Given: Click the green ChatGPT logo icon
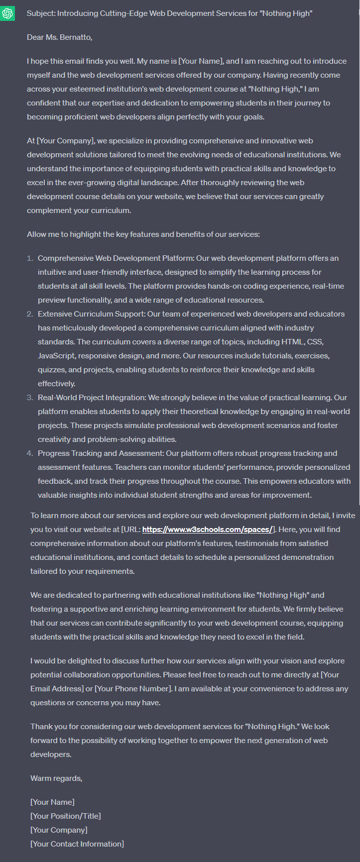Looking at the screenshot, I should click(8, 13).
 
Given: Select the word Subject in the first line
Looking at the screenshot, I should click(41, 13).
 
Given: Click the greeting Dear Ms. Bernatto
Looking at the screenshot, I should click(59, 37).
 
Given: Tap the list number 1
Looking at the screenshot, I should click(30, 258).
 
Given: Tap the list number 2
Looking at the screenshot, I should click(30, 314).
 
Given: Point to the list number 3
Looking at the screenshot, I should click(30, 398).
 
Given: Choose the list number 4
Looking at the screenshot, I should click(30, 453).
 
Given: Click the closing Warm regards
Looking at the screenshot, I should click(56, 778).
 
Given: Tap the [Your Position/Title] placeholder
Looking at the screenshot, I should click(65, 816).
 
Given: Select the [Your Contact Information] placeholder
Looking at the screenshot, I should click(77, 844).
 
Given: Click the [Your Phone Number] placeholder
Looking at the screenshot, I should click(133, 689).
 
